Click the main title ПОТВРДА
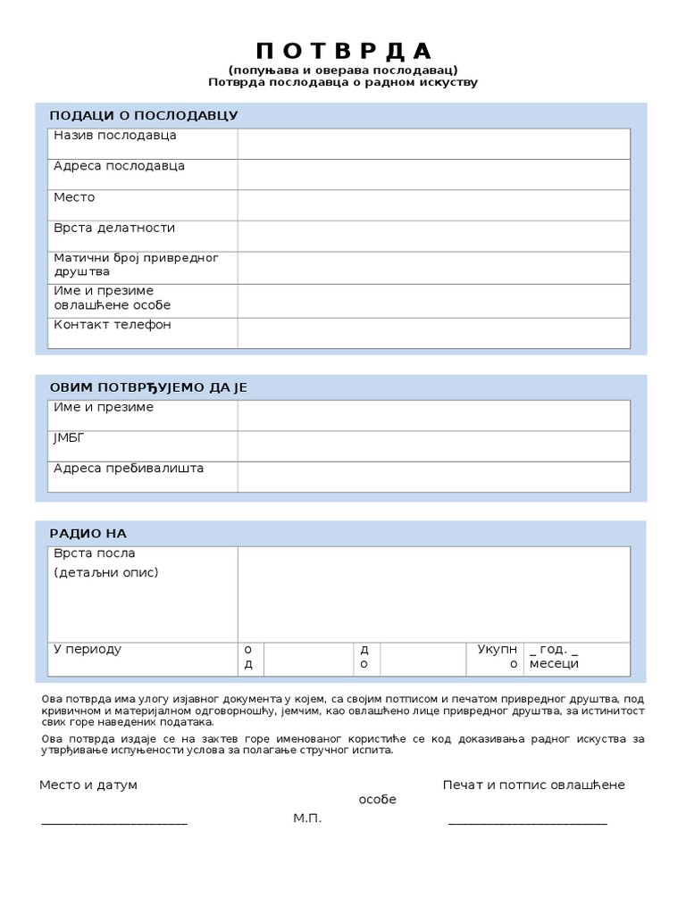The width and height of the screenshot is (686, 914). click(x=343, y=50)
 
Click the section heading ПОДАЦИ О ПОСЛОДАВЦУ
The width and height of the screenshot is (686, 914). click(x=144, y=116)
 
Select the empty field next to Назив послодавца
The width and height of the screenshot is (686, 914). click(x=433, y=144)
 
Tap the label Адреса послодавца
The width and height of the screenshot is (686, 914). click(x=119, y=167)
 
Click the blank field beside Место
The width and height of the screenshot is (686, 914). click(x=433, y=204)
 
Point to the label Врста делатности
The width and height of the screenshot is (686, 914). click(x=114, y=228)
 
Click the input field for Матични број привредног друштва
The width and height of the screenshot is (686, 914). click(x=433, y=268)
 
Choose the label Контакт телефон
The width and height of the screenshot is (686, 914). click(x=113, y=325)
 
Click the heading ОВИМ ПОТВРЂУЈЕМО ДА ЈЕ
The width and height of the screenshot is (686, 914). click(x=148, y=387)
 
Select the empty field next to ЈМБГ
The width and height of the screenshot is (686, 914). click(x=433, y=445)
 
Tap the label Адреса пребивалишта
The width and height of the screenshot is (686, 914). click(x=129, y=469)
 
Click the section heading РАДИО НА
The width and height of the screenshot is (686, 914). click(x=88, y=534)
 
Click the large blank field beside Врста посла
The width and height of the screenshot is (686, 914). click(x=433, y=594)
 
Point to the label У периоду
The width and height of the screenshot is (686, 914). click(x=88, y=650)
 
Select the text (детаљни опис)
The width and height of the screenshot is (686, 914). click(x=106, y=572)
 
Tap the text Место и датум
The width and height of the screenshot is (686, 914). click(x=88, y=785)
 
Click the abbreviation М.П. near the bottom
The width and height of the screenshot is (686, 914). click(x=307, y=818)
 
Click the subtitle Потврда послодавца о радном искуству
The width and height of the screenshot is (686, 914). click(x=343, y=83)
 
